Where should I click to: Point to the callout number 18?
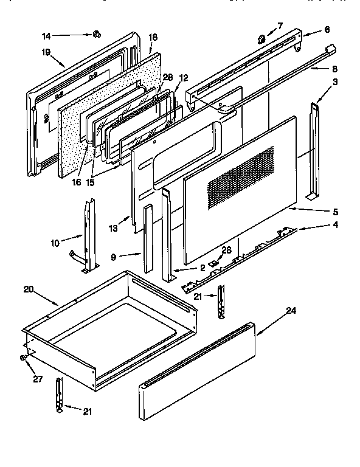tap(153, 38)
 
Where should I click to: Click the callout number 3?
tap(336, 82)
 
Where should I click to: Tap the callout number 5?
tap(335, 212)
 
